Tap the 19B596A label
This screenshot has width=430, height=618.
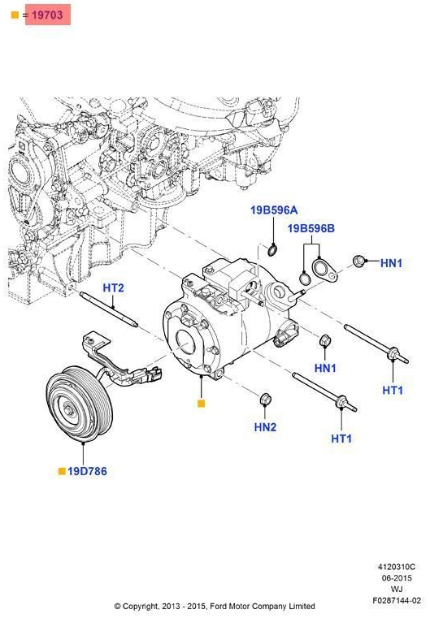tap(273, 210)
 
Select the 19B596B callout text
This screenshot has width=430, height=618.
tap(311, 228)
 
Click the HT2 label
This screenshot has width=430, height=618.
tap(113, 288)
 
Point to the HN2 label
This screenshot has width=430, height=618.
tap(265, 426)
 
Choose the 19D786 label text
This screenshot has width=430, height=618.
tap(87, 470)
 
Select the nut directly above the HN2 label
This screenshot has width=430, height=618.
tap(264, 399)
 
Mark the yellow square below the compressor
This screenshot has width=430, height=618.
tap(202, 403)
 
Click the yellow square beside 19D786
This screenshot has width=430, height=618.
tap(60, 470)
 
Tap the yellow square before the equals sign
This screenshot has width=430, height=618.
tap(14, 15)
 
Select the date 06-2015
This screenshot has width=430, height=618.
tap(398, 578)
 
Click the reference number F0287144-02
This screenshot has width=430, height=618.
tap(397, 601)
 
